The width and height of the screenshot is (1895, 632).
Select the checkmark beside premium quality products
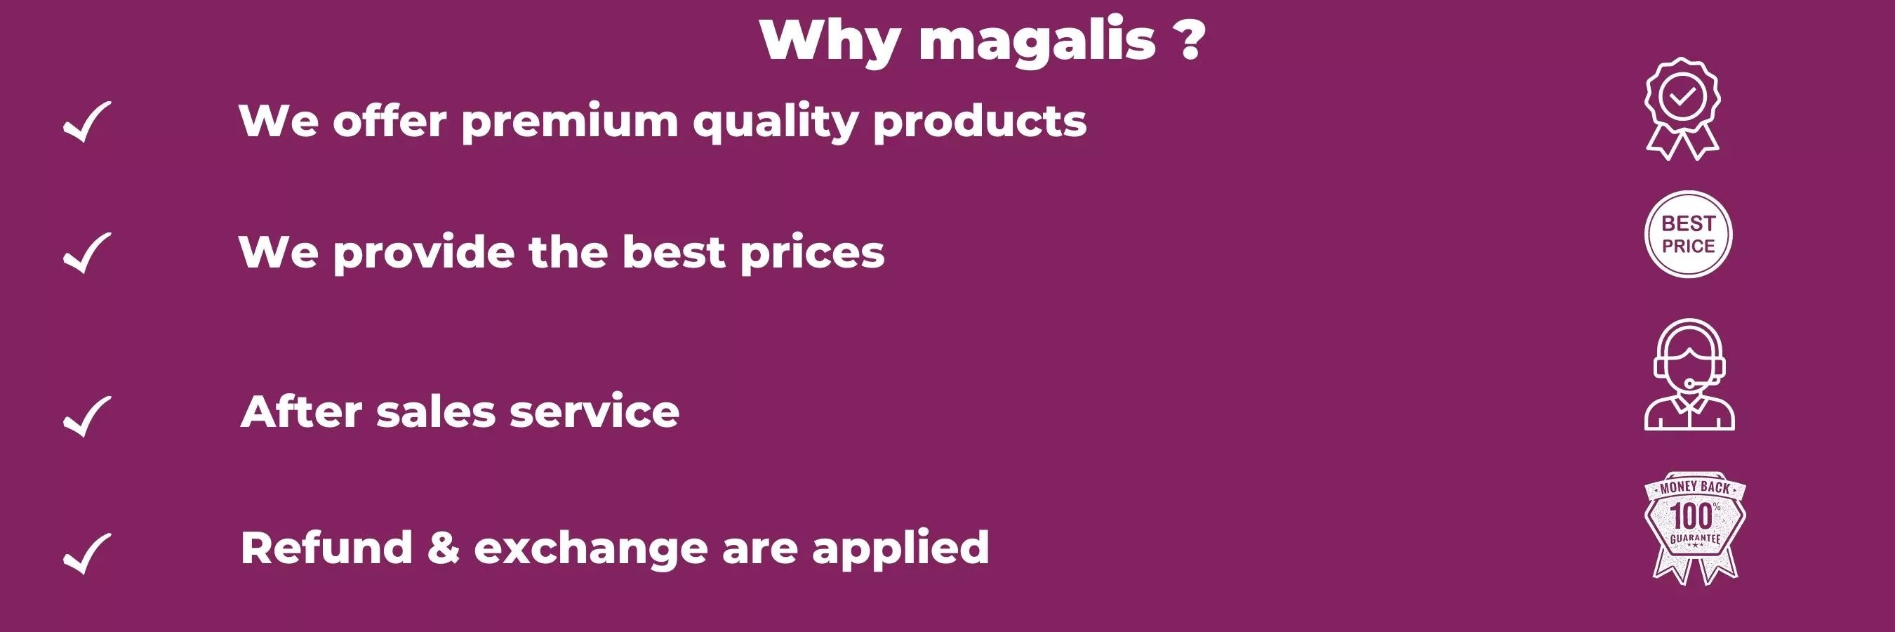88,121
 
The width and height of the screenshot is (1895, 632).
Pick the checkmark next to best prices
88,252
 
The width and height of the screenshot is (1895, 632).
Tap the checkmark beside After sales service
88,416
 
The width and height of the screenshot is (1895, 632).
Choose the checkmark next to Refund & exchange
88,553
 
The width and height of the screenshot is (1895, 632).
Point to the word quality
776,121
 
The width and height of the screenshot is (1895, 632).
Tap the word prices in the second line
812,253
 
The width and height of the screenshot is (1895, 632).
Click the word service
594,412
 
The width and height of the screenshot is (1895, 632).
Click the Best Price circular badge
1688,235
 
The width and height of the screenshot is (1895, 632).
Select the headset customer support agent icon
1689,374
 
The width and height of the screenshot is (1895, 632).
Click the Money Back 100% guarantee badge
1694,527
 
